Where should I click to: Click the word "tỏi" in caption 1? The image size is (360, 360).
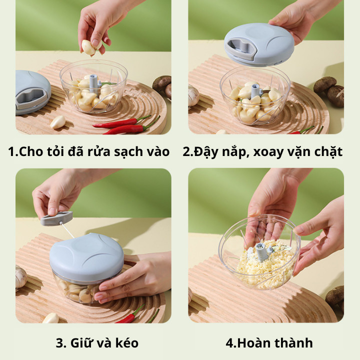pyautogui.click(x=55, y=151)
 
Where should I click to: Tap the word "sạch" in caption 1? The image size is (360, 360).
pyautogui.click(x=128, y=152)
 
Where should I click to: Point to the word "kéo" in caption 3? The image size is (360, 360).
pyautogui.click(x=127, y=343)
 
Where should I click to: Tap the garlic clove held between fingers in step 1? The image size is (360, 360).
pyautogui.click(x=88, y=47)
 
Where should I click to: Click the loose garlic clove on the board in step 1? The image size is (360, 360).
pyautogui.click(x=58, y=122)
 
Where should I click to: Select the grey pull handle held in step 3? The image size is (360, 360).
pyautogui.click(x=56, y=218)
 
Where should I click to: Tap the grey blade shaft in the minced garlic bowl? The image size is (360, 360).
pyautogui.click(x=262, y=251)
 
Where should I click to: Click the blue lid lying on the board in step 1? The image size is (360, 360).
pyautogui.click(x=32, y=92)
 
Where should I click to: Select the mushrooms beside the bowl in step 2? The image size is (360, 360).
pyautogui.click(x=329, y=90)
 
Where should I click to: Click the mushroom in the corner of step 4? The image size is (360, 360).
pyautogui.click(x=335, y=297)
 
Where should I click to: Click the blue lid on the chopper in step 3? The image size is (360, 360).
pyautogui.click(x=86, y=256)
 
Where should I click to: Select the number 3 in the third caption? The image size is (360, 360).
pyautogui.click(x=59, y=343)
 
